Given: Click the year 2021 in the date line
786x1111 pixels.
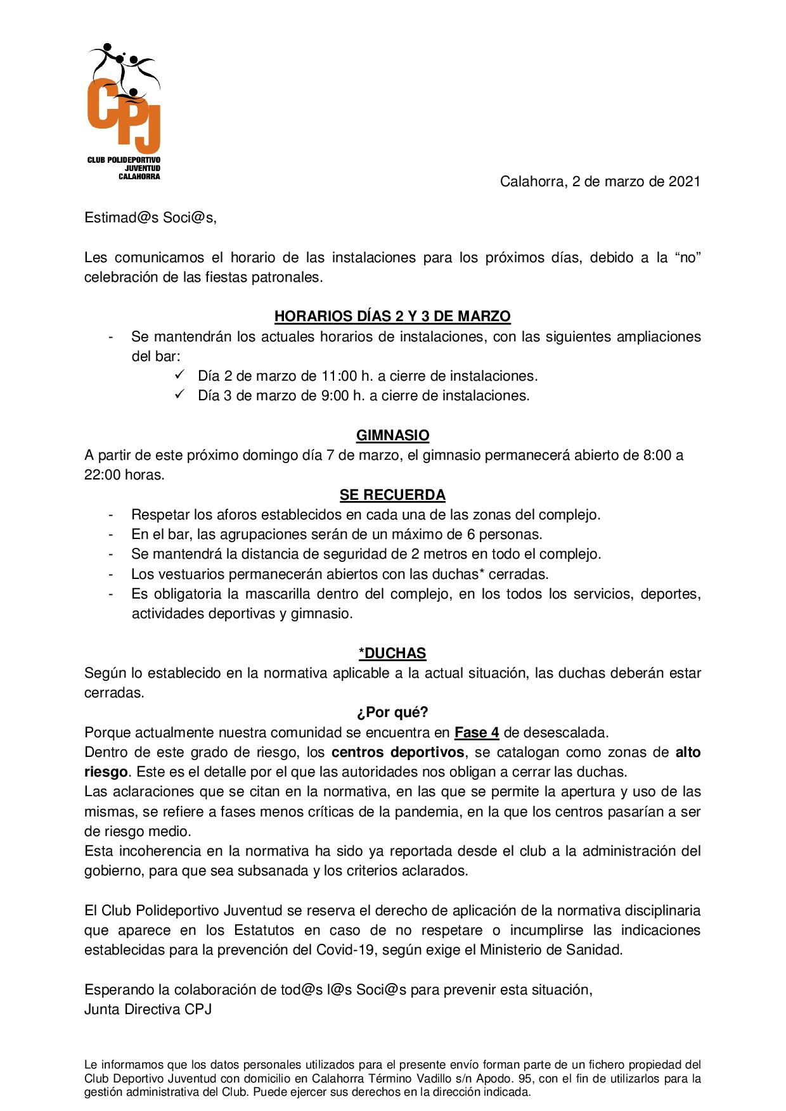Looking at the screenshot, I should coord(685,182).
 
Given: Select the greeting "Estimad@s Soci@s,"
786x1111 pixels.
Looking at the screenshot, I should coord(150,218).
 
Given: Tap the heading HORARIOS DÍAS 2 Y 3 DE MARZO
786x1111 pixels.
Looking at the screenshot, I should coord(392,316).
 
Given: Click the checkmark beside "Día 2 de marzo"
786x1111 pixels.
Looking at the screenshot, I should coord(178,375).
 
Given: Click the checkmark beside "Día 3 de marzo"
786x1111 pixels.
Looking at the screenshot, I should coord(178,395).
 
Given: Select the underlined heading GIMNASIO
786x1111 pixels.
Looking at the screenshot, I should coord(392,436).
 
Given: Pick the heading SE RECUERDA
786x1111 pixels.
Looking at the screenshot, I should coord(392,495).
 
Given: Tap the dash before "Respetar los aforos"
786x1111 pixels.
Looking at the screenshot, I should coord(112,514).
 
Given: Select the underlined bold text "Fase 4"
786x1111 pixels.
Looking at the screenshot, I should coord(477,733).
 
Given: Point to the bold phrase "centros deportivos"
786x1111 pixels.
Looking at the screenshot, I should coord(399,752).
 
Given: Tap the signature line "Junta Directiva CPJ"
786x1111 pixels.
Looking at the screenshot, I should coord(148,1010).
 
